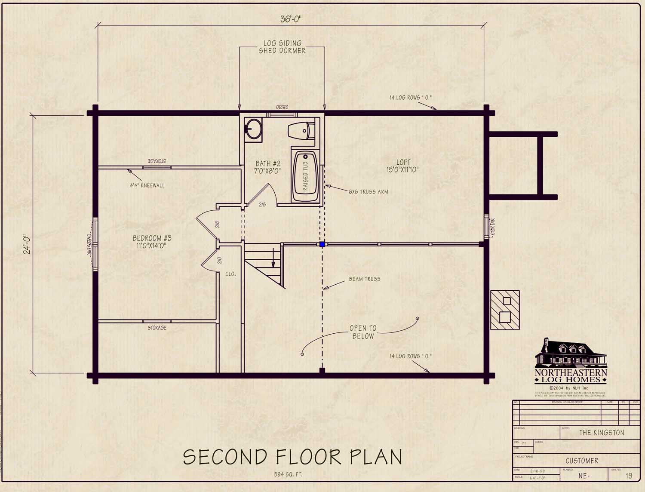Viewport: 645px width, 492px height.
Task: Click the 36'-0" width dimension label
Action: [291, 19]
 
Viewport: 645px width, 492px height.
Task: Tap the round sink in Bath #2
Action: [253, 129]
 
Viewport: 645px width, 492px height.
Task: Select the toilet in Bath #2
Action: [301, 130]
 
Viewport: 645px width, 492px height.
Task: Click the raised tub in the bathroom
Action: [305, 176]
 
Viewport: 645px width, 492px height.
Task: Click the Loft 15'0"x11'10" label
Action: [402, 166]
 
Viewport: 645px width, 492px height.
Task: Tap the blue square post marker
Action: [322, 244]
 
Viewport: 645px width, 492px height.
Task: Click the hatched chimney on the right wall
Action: [505, 310]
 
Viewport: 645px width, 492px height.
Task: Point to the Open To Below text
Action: [363, 332]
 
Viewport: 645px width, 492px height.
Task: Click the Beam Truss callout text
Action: [364, 279]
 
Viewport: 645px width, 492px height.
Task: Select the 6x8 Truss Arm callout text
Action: [368, 192]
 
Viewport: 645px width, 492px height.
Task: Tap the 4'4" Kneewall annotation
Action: [147, 185]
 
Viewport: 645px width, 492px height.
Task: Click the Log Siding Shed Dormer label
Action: [282, 47]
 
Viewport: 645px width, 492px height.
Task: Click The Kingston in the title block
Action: [601, 433]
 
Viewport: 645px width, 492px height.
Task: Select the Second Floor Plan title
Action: [292, 457]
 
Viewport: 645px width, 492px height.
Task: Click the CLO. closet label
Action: [230, 274]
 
